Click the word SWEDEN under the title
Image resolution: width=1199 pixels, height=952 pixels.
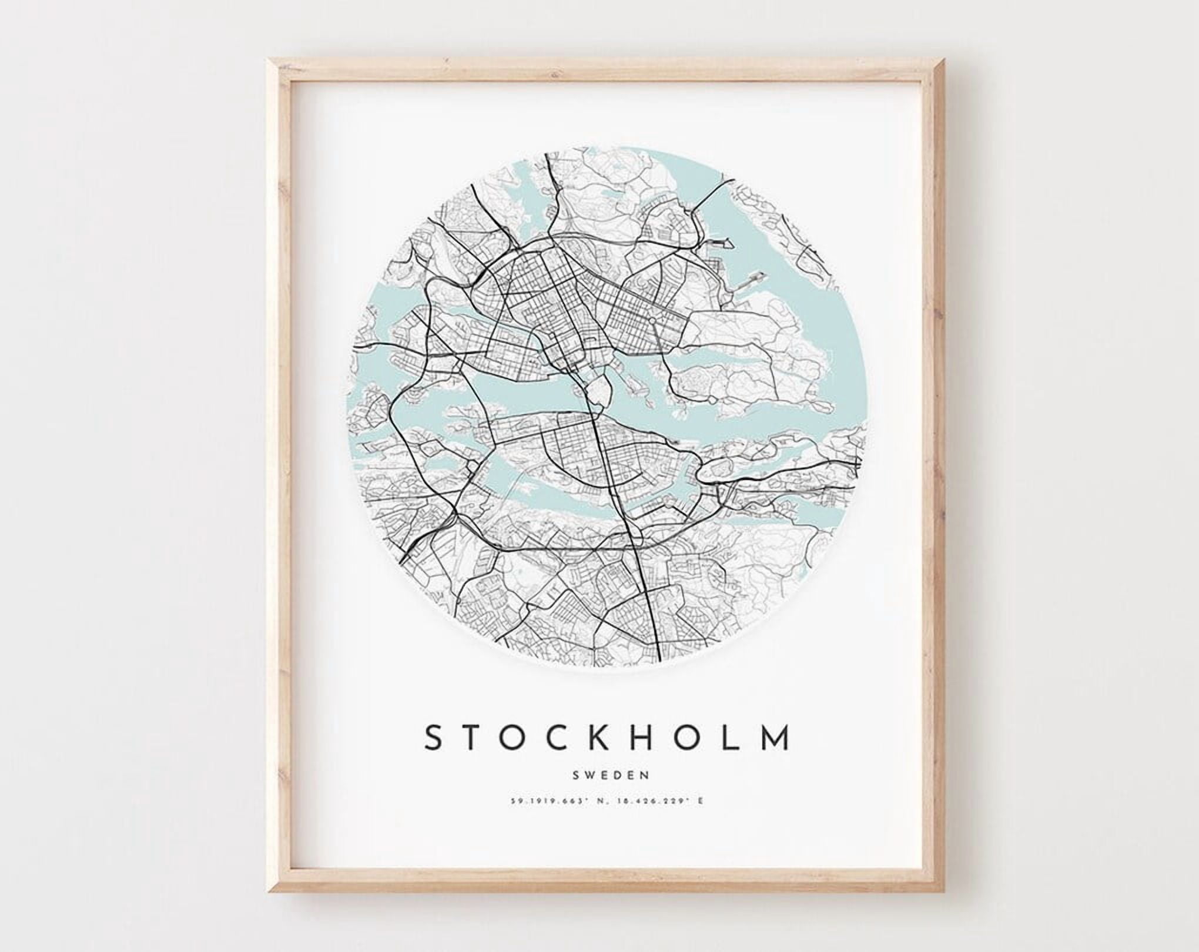click(x=611, y=775)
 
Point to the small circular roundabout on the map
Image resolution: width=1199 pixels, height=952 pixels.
click(x=652, y=321)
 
